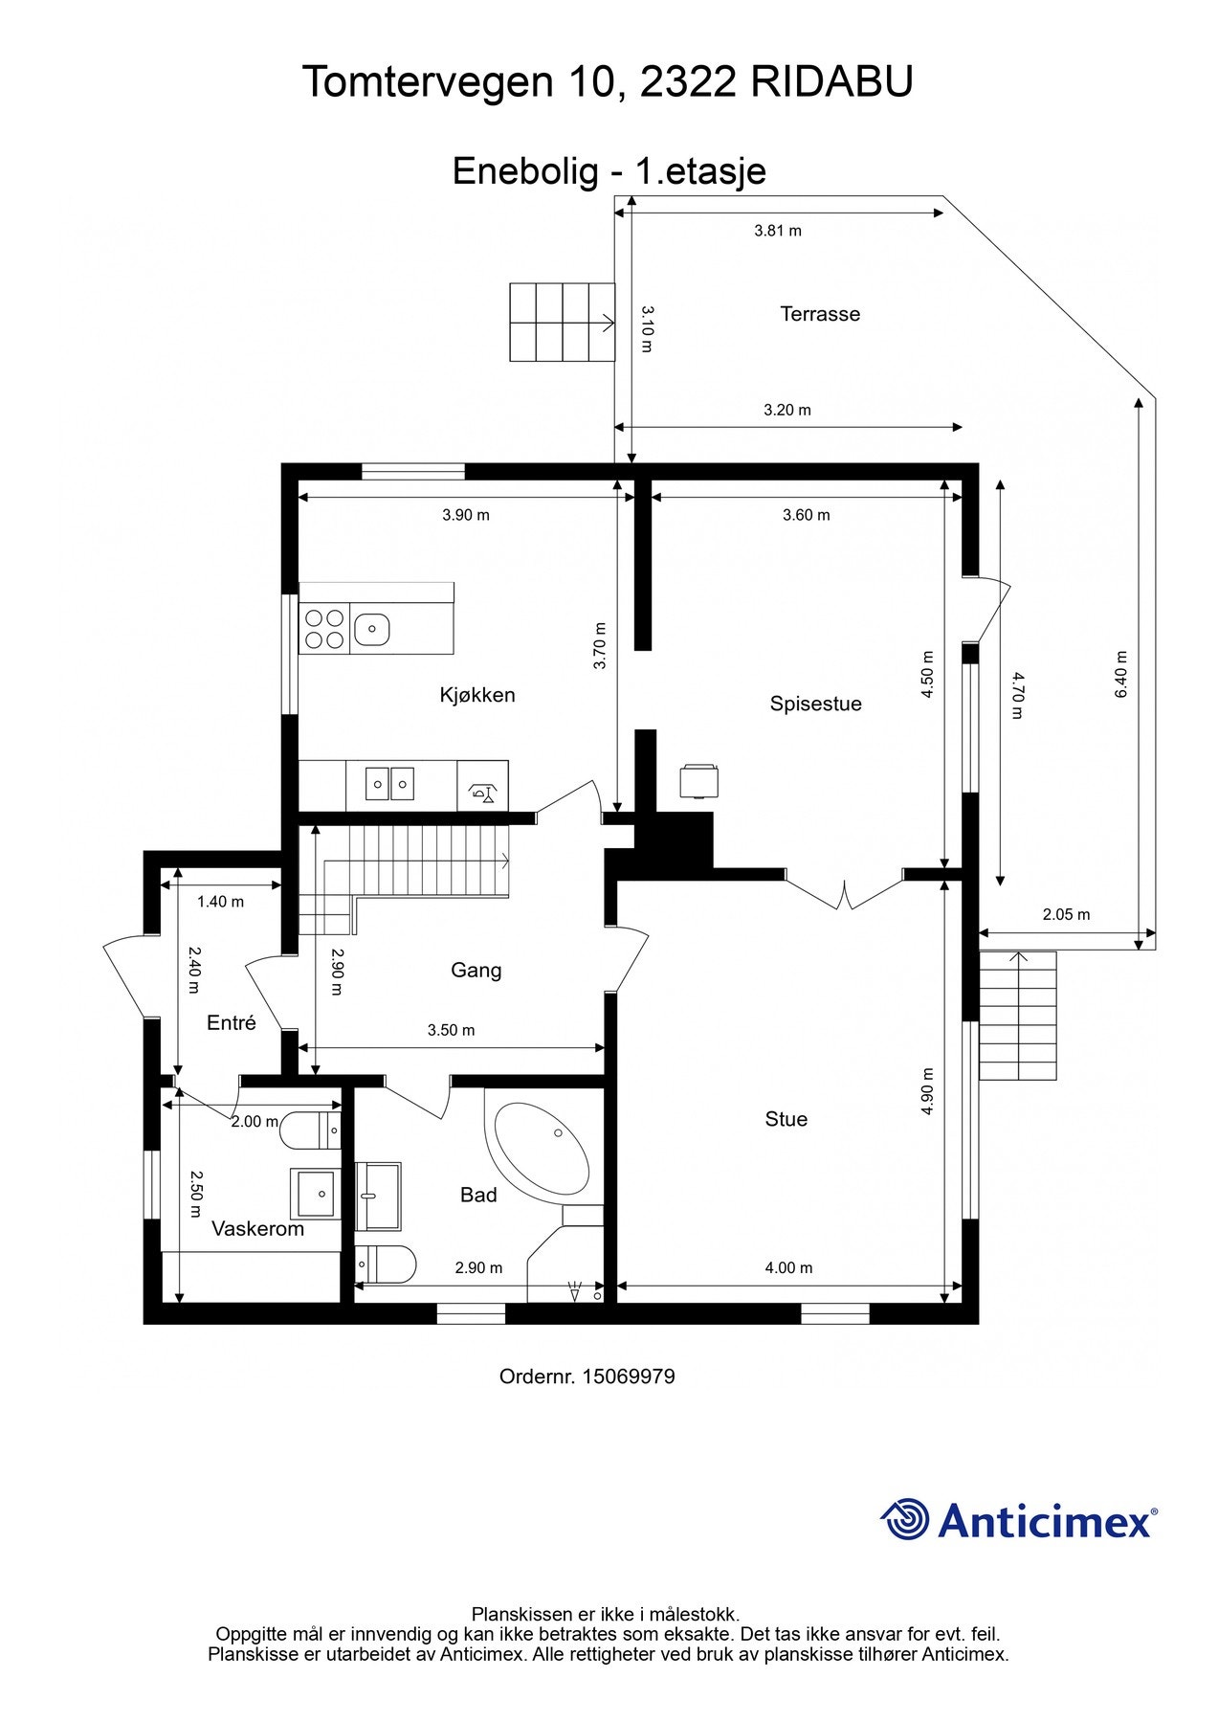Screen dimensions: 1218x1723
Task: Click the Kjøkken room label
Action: tap(477, 695)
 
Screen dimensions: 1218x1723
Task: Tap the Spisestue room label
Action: tap(815, 704)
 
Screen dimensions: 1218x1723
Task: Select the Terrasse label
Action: tap(820, 314)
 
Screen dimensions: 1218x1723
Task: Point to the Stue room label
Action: tap(786, 1119)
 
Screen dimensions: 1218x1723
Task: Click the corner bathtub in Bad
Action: tap(541, 1147)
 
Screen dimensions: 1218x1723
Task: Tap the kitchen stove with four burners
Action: tap(324, 630)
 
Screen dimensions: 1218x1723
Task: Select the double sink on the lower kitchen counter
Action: tap(390, 784)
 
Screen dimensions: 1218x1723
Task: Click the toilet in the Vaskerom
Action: tap(311, 1130)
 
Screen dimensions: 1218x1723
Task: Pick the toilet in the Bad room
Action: tap(386, 1264)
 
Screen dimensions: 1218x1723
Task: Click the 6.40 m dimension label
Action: tap(1121, 674)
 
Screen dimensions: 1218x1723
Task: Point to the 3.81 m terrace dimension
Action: tap(778, 231)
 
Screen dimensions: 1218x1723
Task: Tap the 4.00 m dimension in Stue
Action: tap(788, 1267)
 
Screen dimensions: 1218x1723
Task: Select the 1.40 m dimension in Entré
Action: tap(220, 902)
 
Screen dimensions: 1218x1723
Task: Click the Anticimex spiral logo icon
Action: tap(904, 1519)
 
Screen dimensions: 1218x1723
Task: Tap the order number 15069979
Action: tap(628, 1376)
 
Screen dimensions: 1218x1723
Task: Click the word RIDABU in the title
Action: tap(831, 82)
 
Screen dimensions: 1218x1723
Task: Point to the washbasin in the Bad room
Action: tap(378, 1196)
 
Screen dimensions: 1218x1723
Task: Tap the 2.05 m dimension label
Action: tap(1066, 914)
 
